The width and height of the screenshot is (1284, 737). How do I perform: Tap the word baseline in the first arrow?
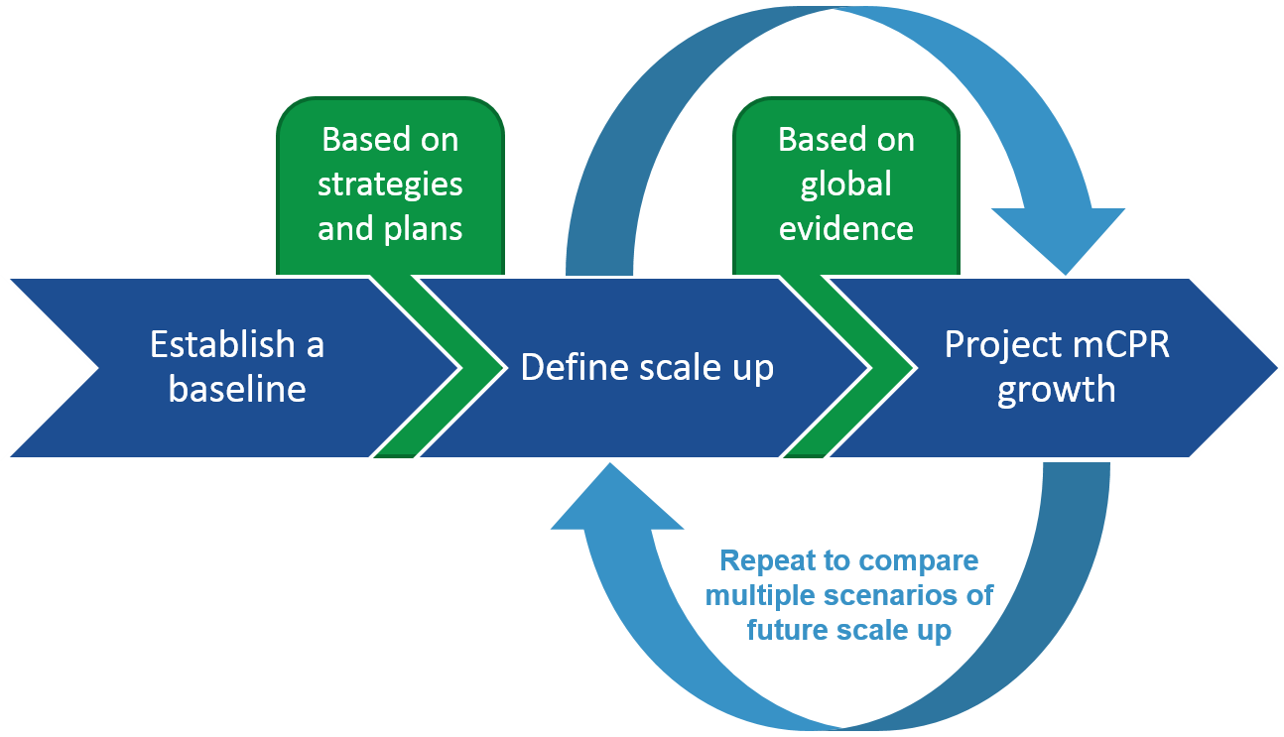[x=237, y=389]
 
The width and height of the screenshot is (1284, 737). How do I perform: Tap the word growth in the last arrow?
[x=1056, y=389]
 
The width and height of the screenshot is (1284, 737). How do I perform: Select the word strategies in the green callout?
[x=390, y=184]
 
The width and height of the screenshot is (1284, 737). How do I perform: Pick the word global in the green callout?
[x=846, y=184]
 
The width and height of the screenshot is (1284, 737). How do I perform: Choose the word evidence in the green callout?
[x=846, y=229]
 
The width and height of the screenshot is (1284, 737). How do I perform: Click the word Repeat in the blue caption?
[x=769, y=561]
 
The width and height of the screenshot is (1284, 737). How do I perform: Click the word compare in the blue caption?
[x=918, y=561]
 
